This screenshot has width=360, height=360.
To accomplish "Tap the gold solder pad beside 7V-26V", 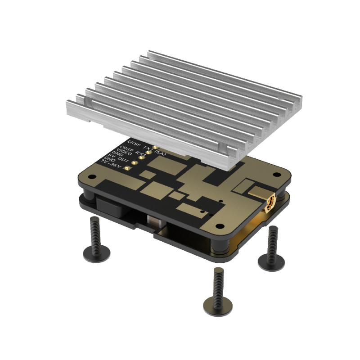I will [127, 168].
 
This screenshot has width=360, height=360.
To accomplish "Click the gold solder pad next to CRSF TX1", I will [154, 147].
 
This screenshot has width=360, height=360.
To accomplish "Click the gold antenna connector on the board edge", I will [269, 204].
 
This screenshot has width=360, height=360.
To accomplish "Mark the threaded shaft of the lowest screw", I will [218, 281].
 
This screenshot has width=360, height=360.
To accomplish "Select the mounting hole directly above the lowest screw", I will [220, 227].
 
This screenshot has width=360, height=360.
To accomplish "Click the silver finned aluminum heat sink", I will [180, 103].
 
